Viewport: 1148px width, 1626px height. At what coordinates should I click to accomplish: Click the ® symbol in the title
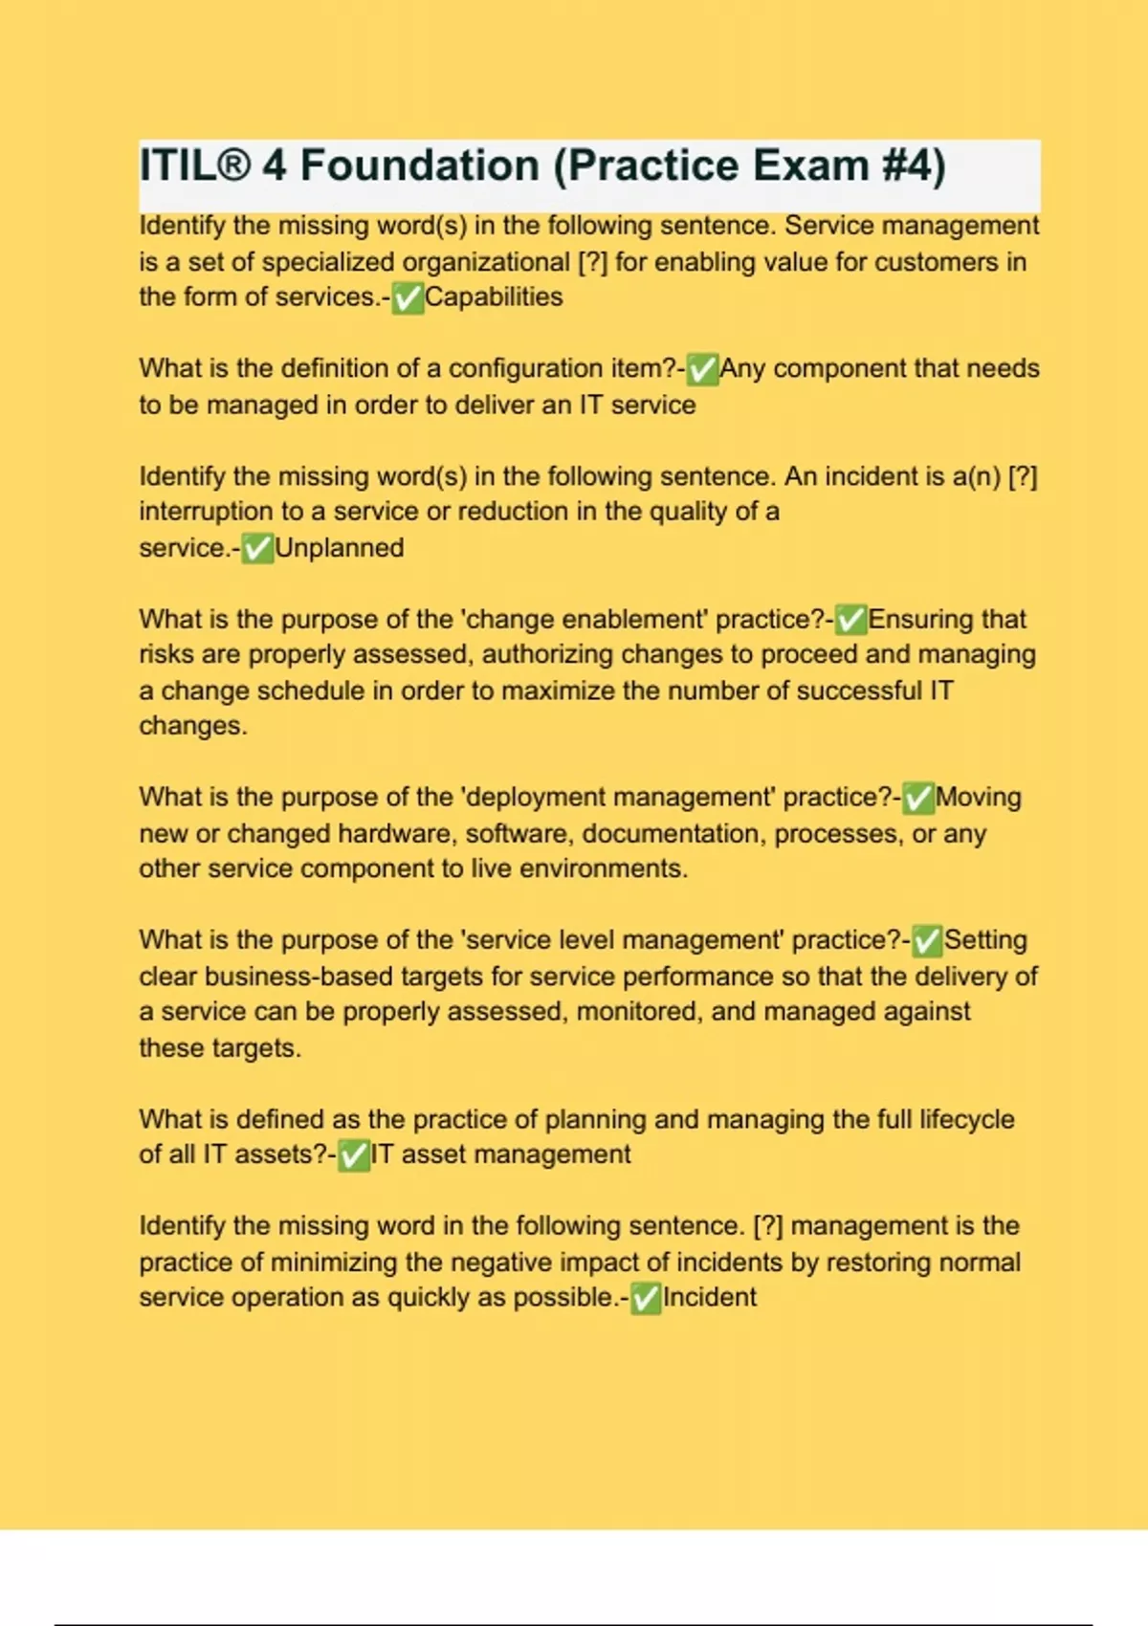(x=233, y=165)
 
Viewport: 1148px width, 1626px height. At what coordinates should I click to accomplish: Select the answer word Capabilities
(x=494, y=297)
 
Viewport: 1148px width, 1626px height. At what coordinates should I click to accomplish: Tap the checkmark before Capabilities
(x=408, y=298)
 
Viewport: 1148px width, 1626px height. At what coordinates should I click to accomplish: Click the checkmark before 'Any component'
(x=703, y=369)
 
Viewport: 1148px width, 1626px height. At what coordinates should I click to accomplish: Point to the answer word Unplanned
(x=340, y=548)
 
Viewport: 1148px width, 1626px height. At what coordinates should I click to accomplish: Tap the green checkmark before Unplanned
(x=257, y=549)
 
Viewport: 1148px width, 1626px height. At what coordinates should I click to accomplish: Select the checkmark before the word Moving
(x=918, y=798)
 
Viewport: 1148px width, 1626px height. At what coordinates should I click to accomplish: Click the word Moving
(x=979, y=797)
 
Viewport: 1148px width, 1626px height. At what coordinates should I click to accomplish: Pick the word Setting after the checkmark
(x=985, y=940)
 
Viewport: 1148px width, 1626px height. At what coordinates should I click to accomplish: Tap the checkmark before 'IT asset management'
(x=354, y=1155)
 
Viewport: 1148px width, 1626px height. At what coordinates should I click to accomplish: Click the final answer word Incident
(x=709, y=1298)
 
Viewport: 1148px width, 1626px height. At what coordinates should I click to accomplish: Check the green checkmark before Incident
(x=646, y=1299)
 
